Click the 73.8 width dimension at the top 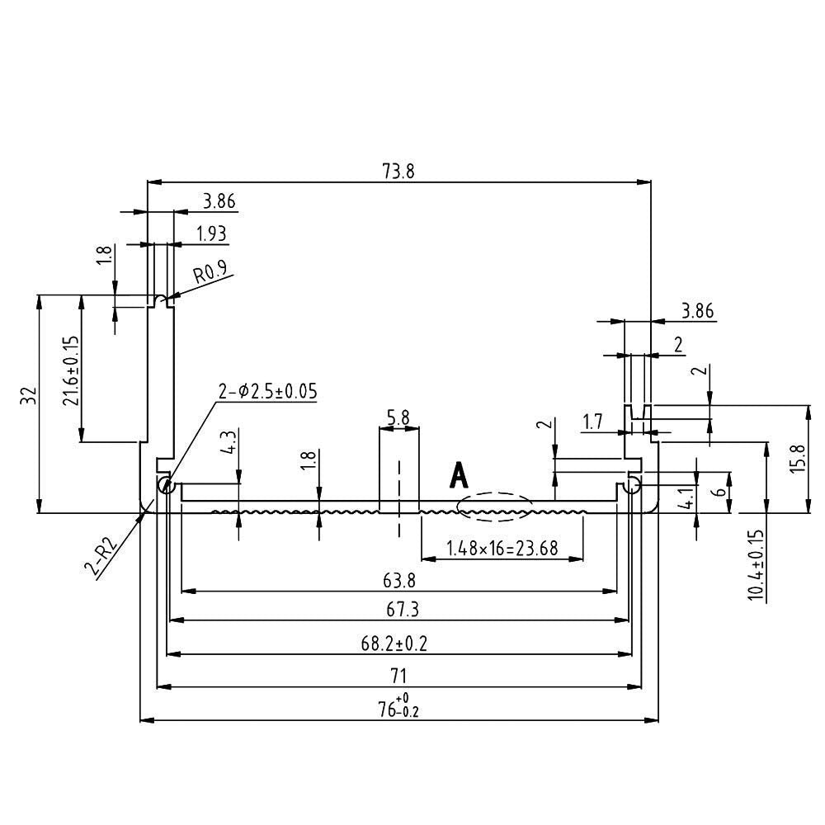(398, 171)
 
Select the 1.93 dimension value (211, 233)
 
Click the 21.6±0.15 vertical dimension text (70, 370)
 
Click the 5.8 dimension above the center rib (398, 417)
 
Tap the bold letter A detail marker (459, 476)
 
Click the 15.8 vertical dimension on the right (796, 459)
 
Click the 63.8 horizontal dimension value (398, 581)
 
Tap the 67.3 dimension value (398, 610)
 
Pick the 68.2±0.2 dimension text (398, 643)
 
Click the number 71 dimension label (398, 676)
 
